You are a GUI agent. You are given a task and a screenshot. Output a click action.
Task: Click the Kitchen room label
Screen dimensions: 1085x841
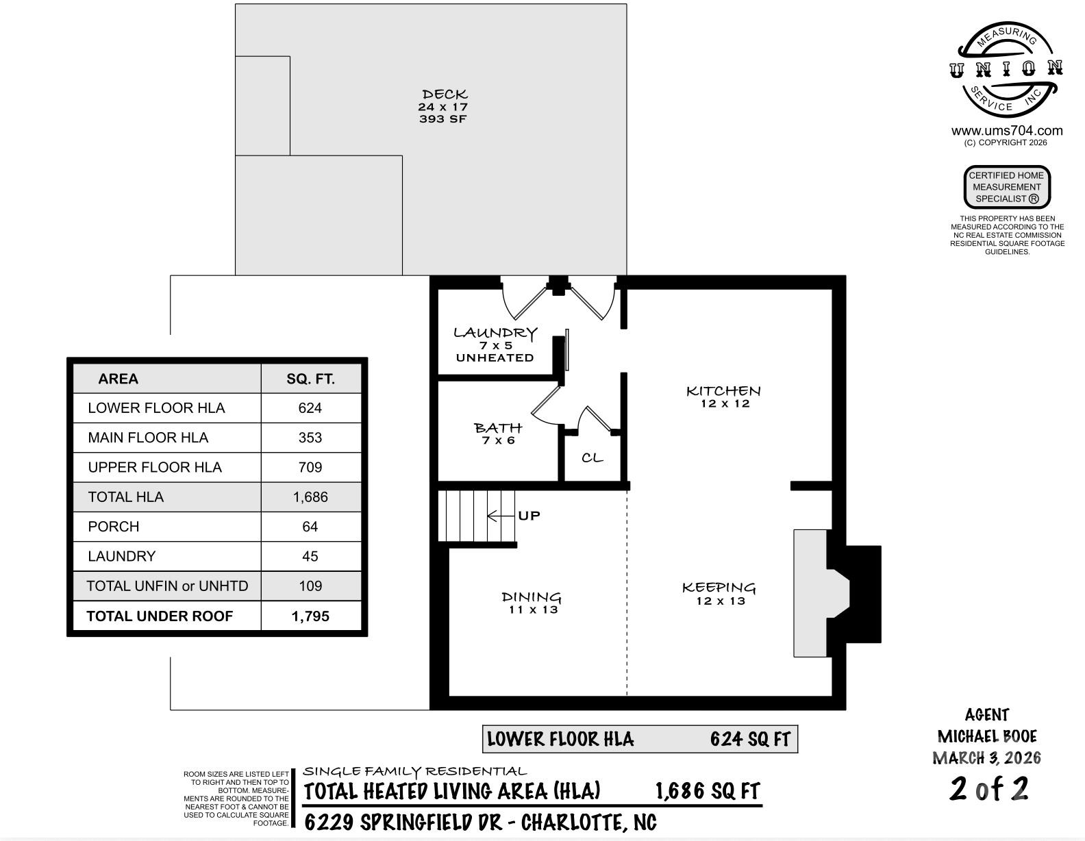tap(723, 391)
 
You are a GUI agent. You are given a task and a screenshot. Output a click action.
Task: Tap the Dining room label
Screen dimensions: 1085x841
tap(532, 597)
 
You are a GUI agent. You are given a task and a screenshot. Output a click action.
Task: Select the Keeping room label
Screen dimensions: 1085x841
tap(719, 588)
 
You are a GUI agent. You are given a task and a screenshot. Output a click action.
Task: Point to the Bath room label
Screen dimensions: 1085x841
tap(498, 428)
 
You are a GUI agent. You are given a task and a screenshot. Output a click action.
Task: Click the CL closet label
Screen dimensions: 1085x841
tap(593, 457)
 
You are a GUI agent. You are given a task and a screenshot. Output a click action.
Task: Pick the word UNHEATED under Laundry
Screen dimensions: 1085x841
tap(495, 358)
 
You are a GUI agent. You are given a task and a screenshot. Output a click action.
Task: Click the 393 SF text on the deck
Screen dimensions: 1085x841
tap(443, 118)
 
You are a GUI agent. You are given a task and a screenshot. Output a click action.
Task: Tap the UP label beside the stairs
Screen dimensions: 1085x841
tap(529, 516)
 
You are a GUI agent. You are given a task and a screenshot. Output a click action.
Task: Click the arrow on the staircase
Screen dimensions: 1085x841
tap(501, 516)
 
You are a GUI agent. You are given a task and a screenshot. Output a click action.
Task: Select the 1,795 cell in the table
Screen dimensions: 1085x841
tap(310, 616)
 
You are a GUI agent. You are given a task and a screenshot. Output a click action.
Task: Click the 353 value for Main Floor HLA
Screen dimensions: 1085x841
tap(310, 438)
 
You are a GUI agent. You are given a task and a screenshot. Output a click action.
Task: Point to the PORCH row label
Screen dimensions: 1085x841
tap(113, 527)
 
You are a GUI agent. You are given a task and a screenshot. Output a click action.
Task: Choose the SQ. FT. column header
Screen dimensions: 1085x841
tap(310, 379)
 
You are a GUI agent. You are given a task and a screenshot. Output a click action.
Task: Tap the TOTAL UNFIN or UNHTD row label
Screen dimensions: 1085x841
tap(167, 586)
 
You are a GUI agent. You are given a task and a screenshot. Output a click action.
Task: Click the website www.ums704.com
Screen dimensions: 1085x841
tap(1007, 131)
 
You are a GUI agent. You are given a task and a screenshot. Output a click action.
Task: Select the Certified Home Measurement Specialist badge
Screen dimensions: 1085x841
tap(1007, 187)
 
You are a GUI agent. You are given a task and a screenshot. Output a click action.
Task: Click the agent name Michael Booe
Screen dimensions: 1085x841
tap(986, 736)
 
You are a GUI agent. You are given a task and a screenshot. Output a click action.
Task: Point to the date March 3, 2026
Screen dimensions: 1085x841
tap(986, 758)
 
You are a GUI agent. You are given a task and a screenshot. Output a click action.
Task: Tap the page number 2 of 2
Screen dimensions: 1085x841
tap(988, 789)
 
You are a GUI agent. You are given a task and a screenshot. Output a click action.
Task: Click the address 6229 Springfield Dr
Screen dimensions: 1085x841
tap(403, 823)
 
